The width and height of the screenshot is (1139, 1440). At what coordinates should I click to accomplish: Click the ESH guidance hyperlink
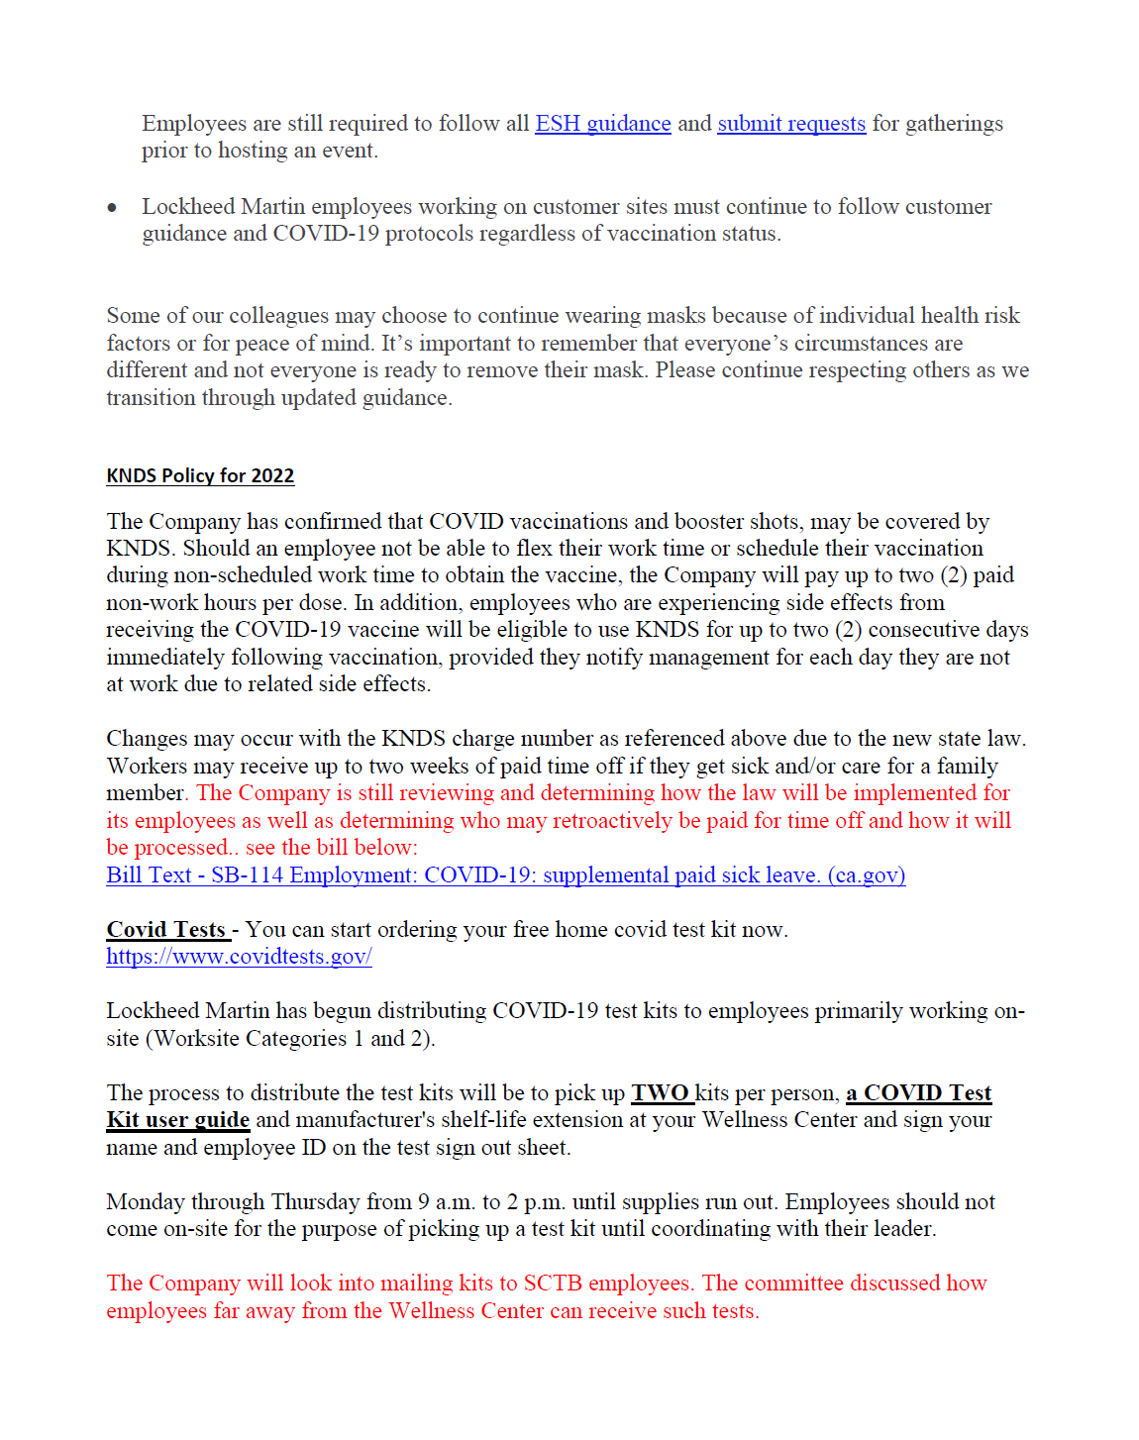pos(602,124)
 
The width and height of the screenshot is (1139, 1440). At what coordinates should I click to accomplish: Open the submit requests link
pos(791,124)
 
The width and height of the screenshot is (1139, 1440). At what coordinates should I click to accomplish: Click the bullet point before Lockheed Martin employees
pos(113,207)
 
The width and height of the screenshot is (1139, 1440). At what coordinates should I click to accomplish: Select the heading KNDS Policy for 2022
pos(200,476)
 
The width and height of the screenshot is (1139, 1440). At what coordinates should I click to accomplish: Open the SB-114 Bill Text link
pos(505,875)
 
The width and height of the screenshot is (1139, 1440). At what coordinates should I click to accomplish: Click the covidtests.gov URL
pos(239,957)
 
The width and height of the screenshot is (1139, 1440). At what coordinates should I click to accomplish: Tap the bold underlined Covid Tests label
pos(166,930)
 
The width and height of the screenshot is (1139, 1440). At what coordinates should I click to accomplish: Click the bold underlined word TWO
pos(661,1093)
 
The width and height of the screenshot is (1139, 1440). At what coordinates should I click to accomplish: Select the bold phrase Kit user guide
pos(177,1120)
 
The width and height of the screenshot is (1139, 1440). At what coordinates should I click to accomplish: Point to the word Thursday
pos(315,1202)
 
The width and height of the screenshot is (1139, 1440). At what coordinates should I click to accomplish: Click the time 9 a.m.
pos(446,1202)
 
